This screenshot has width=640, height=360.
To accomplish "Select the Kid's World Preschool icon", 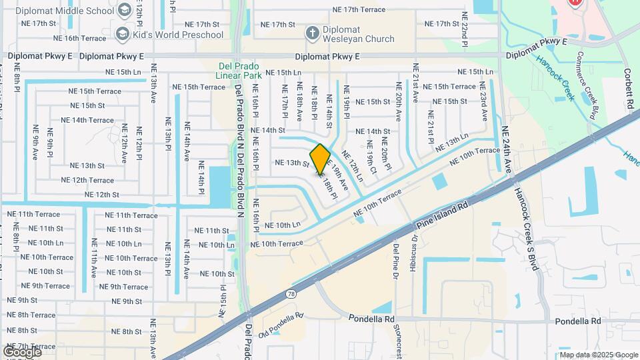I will point(122,33).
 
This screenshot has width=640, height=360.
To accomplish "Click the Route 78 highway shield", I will point(291,276).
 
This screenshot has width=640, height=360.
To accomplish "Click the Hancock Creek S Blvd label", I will point(525,227).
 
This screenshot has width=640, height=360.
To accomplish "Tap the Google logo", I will point(22,351).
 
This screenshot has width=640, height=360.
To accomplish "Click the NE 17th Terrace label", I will point(359,9).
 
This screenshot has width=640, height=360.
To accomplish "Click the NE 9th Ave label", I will point(35,142).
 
